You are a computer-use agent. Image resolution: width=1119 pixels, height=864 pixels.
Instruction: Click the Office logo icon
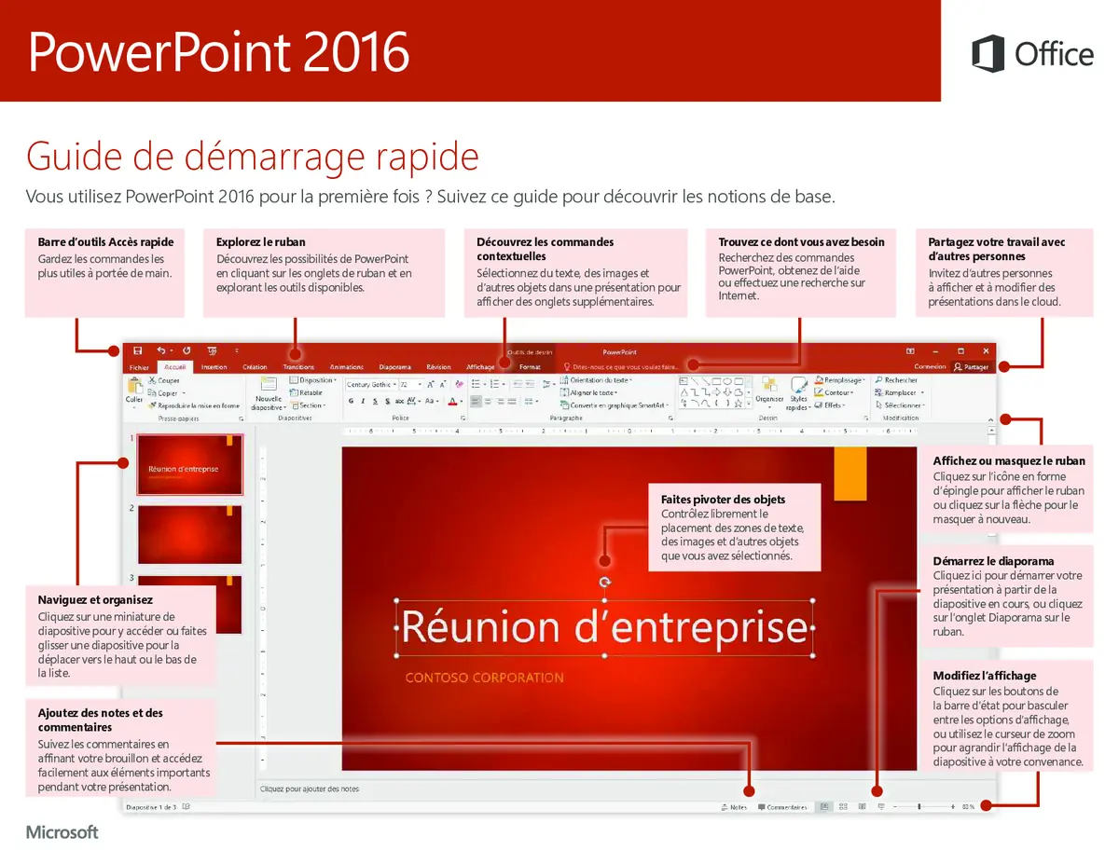click(988, 53)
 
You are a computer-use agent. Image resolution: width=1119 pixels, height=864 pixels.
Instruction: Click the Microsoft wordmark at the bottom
click(62, 832)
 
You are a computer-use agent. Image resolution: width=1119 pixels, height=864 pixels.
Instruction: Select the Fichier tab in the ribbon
click(139, 367)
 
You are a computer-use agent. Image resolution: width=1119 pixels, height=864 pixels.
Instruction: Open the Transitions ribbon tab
click(298, 367)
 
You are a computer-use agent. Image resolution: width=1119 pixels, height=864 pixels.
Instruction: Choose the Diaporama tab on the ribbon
click(394, 367)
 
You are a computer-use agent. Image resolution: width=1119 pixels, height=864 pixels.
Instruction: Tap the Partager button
click(971, 367)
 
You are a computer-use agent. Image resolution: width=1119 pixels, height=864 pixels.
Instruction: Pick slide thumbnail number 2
click(189, 534)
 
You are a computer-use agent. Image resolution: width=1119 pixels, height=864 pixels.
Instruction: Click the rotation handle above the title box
click(605, 582)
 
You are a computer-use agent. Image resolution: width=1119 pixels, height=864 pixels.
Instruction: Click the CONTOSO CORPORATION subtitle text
click(484, 678)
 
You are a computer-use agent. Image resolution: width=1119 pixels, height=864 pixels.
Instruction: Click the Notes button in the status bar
click(734, 807)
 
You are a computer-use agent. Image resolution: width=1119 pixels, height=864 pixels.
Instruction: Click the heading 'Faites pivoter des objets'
click(723, 500)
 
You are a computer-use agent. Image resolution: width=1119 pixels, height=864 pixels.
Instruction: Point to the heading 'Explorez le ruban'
click(260, 242)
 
